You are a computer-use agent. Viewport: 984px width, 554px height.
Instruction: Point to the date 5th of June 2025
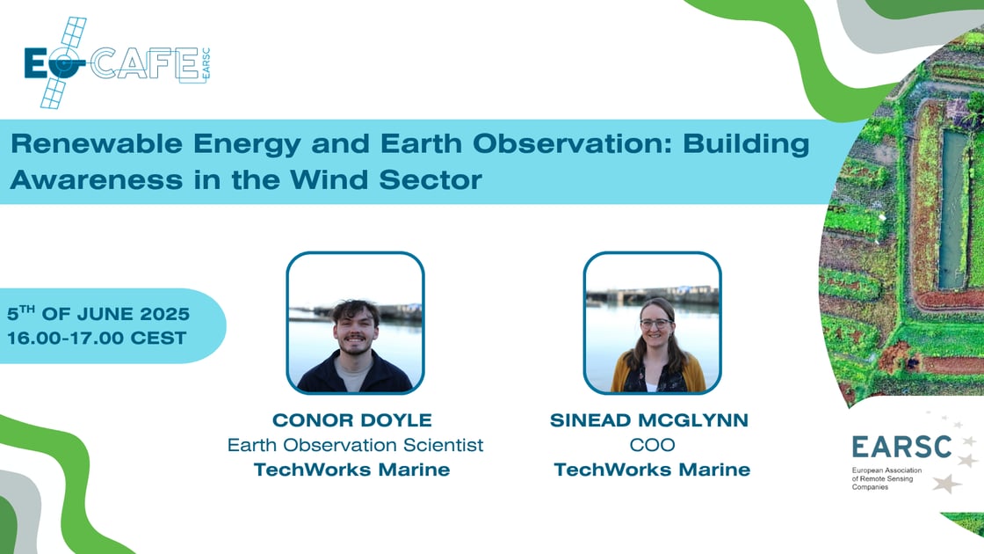click(98, 314)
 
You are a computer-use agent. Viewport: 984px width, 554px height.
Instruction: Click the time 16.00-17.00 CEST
click(97, 338)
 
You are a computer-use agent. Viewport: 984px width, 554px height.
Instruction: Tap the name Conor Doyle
click(351, 420)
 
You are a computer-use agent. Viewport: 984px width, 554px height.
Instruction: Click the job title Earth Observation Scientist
click(355, 445)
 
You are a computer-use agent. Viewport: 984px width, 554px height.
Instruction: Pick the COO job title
click(652, 445)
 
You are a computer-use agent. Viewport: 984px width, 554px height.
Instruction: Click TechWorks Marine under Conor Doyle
click(351, 470)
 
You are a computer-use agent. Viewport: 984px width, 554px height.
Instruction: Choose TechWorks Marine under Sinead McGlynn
click(652, 470)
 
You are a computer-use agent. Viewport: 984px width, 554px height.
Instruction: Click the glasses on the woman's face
click(654, 324)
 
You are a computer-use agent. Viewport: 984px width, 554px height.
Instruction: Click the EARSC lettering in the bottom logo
click(901, 447)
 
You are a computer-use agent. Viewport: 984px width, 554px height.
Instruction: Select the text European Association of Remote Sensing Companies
click(887, 478)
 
